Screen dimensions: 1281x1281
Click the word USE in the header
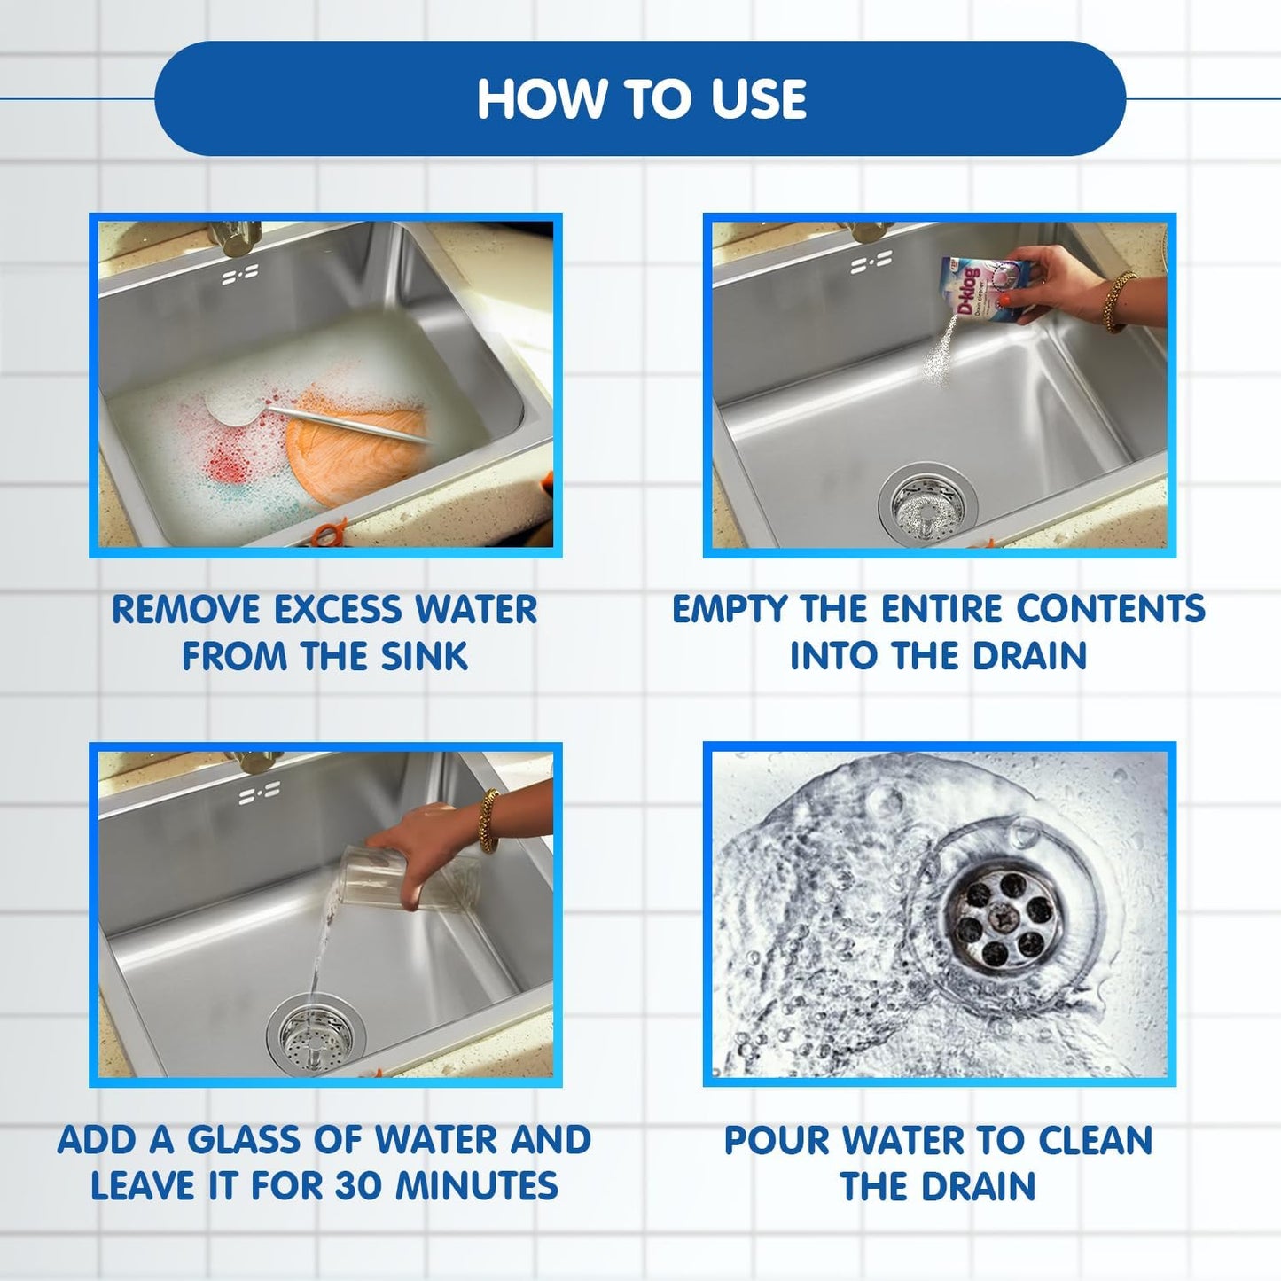(758, 99)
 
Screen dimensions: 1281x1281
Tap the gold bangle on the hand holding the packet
(1119, 301)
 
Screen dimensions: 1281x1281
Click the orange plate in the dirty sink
(355, 443)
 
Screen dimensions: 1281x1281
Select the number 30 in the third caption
(359, 1186)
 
